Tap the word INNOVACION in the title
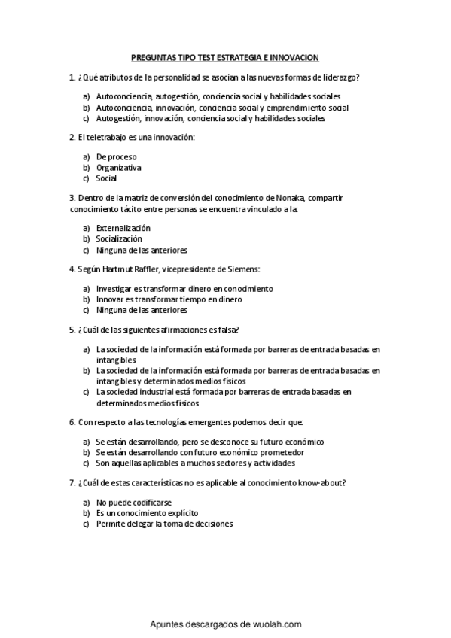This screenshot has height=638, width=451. point(292,57)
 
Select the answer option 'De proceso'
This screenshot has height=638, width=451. point(116,156)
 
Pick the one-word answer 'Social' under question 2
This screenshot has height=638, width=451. point(106,178)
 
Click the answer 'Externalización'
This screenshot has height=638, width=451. point(123,228)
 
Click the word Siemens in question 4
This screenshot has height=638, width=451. point(243,269)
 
